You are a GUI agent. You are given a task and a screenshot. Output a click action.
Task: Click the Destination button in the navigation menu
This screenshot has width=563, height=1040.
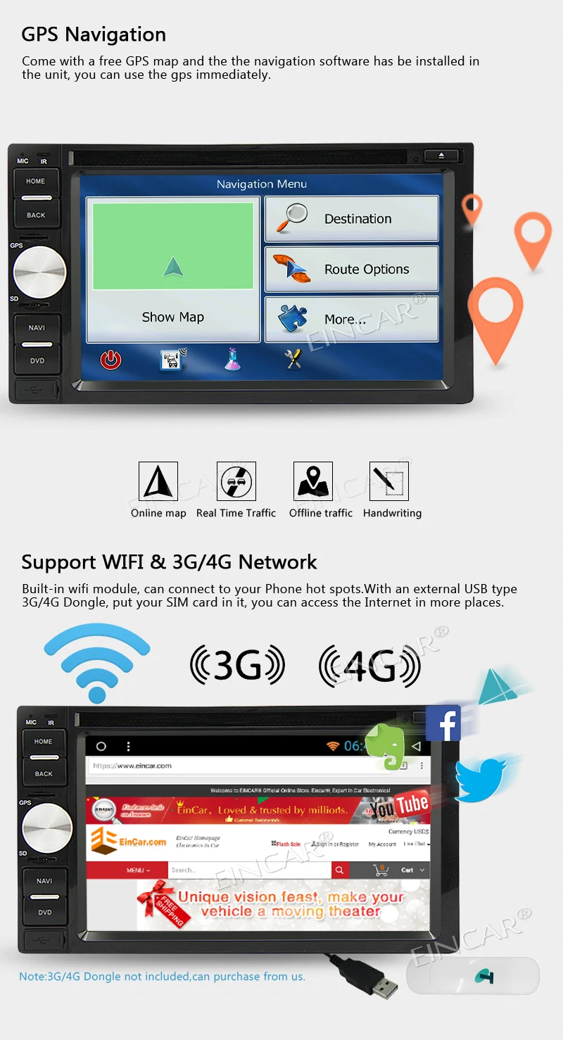coord(351,219)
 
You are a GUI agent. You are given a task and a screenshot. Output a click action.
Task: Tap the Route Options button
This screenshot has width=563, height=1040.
coord(351,269)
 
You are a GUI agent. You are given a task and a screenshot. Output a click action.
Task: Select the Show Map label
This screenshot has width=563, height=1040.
coord(173,317)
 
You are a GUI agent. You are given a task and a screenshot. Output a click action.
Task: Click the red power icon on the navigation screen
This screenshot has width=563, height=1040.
coord(110,360)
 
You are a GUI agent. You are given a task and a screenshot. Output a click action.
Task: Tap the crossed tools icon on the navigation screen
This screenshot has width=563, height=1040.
coord(293,360)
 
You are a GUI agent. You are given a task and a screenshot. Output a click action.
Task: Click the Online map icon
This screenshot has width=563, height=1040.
coord(158,481)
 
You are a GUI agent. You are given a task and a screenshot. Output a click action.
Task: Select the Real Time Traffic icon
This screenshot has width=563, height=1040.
coord(236,481)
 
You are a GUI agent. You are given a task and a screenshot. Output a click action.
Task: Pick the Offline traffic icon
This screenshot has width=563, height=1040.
coord(313,481)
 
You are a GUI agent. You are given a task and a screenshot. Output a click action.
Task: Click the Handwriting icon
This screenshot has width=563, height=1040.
coord(389,481)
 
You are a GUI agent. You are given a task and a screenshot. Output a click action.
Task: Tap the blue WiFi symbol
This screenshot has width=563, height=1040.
coord(96,661)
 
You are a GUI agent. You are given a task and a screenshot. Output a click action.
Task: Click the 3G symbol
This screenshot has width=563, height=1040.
coord(237,666)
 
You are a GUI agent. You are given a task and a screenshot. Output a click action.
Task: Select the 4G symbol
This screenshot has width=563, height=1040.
coord(369,666)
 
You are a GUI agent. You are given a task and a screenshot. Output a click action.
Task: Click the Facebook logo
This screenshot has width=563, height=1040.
coord(443,723)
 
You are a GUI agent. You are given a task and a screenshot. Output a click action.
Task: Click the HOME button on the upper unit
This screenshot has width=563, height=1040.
coord(36,182)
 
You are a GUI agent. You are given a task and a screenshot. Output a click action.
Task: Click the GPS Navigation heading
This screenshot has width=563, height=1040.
coord(94,34)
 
